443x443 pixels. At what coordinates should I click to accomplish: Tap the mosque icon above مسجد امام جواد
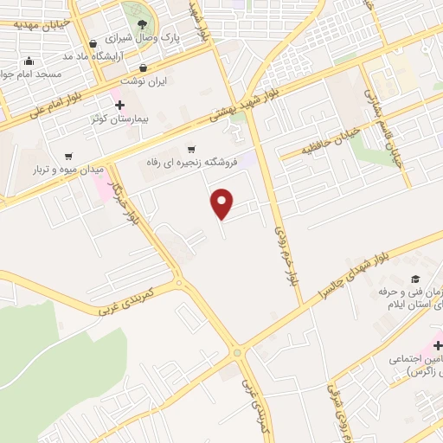29,61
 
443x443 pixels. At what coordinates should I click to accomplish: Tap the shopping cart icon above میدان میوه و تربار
67,157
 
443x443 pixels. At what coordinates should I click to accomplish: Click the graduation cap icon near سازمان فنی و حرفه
414,279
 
